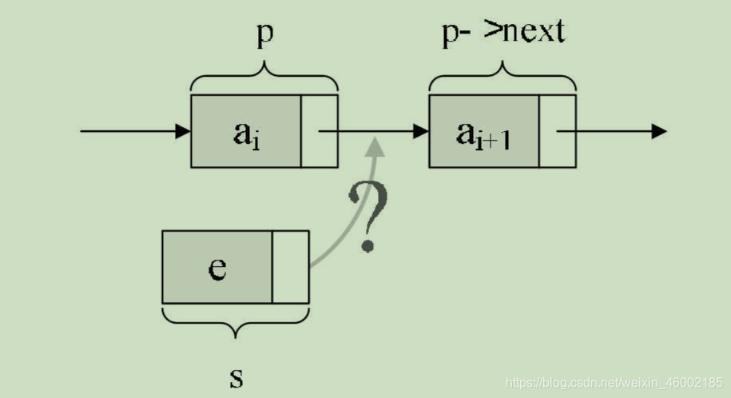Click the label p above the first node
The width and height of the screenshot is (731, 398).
click(264, 37)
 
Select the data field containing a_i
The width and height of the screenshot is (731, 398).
click(246, 131)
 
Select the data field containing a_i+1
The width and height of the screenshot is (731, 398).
click(484, 131)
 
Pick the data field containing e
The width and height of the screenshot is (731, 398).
click(217, 267)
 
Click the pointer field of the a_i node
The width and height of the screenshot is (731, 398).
click(320, 131)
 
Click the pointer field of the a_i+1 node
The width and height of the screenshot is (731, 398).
click(558, 131)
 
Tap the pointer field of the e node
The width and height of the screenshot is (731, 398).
click(291, 267)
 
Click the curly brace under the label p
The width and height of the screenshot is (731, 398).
click(264, 80)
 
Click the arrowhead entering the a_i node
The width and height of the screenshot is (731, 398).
click(183, 131)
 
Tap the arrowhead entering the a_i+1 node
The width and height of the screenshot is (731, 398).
click(421, 131)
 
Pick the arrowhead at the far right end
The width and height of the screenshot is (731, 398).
click(659, 131)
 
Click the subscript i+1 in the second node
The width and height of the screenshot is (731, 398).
click(495, 139)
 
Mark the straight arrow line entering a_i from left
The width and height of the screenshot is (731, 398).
click(128, 131)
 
